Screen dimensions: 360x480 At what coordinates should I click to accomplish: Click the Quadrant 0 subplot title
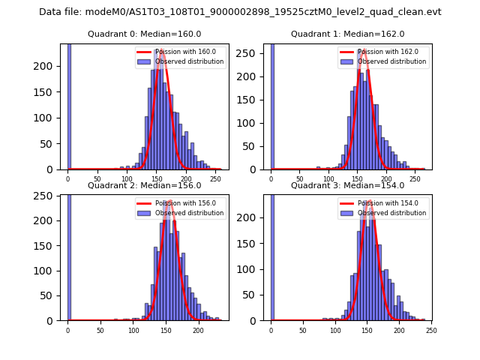click(x=145, y=34)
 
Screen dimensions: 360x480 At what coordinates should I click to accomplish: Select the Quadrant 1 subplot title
click(x=348, y=34)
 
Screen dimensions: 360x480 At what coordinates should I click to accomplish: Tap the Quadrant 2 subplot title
click(x=145, y=185)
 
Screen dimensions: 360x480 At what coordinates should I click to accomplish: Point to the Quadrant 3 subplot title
click(x=348, y=185)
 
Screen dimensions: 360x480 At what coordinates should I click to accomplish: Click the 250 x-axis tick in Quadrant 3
click(x=431, y=330)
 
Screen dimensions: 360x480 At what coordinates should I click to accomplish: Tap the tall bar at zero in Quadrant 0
click(x=69, y=106)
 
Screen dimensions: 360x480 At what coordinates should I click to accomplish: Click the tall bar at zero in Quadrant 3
click(x=271, y=257)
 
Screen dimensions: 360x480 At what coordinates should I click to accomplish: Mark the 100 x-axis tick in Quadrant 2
click(x=133, y=330)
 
